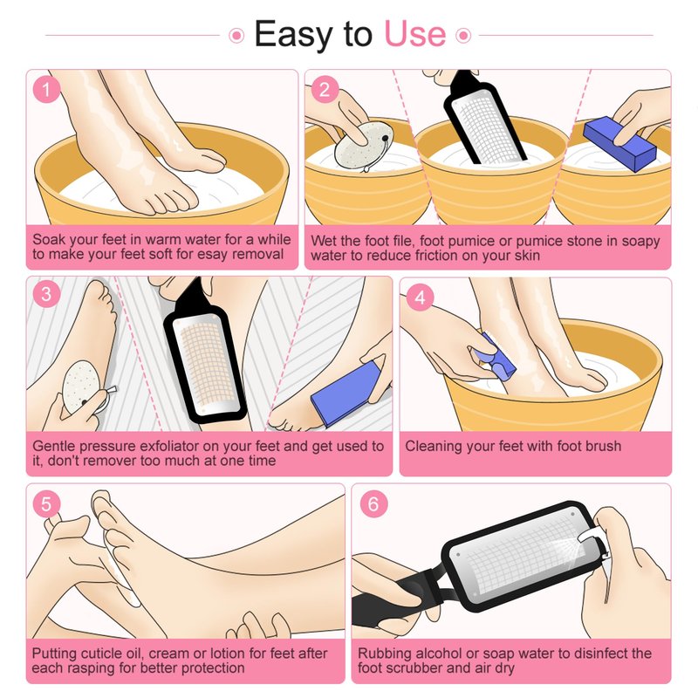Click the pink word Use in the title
pyautogui.click(x=415, y=34)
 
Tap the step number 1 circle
pyautogui.click(x=46, y=90)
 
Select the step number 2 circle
pyautogui.click(x=325, y=90)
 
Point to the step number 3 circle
pyautogui.click(x=46, y=294)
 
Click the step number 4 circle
pyautogui.click(x=420, y=297)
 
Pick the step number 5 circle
pyautogui.click(x=46, y=504)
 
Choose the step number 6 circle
pyautogui.click(x=373, y=504)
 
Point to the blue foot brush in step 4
pyautogui.click(x=495, y=357)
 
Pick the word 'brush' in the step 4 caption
pyautogui.click(x=602, y=446)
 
